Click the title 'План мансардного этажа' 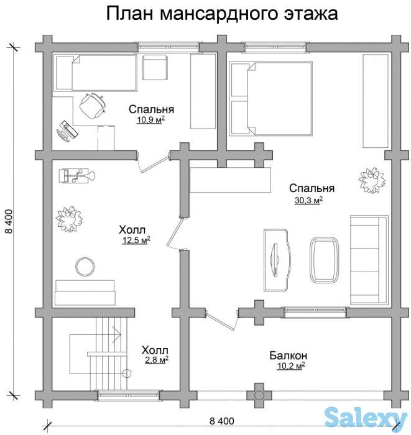click(x=221, y=14)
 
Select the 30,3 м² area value click(x=308, y=200)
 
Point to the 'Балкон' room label click(x=288, y=355)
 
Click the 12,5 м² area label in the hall click(x=136, y=239)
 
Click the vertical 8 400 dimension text click(x=9, y=221)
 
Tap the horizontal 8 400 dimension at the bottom click(x=222, y=421)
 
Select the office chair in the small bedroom click(x=92, y=105)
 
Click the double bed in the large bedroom click(x=271, y=98)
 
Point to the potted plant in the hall click(x=68, y=217)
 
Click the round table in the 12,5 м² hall click(x=85, y=267)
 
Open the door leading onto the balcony click(x=221, y=319)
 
